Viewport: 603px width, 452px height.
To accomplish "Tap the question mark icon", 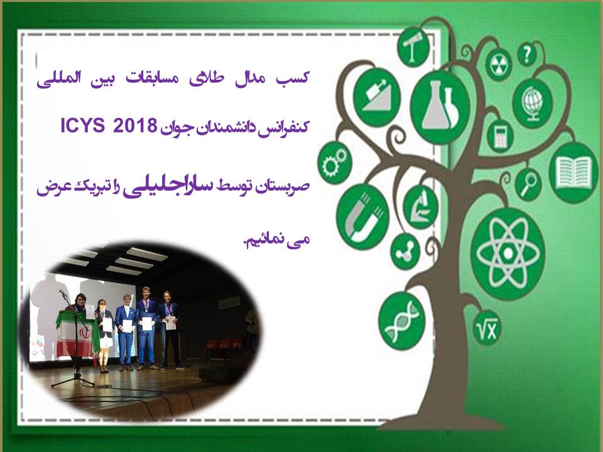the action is tap(527, 54).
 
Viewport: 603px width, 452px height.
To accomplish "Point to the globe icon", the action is tap(533, 103).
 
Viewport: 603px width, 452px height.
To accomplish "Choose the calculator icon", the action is tap(501, 136).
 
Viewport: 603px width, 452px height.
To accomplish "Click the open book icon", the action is tap(573, 173).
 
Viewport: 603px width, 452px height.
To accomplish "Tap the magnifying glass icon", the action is tap(529, 185).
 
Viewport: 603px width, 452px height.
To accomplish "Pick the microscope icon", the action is tap(421, 207).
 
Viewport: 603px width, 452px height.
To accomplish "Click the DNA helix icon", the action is tap(401, 322).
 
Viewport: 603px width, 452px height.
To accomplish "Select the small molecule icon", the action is tap(405, 252).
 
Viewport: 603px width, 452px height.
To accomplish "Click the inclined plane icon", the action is tap(377, 96).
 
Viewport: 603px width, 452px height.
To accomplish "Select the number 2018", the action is tap(135, 126).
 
